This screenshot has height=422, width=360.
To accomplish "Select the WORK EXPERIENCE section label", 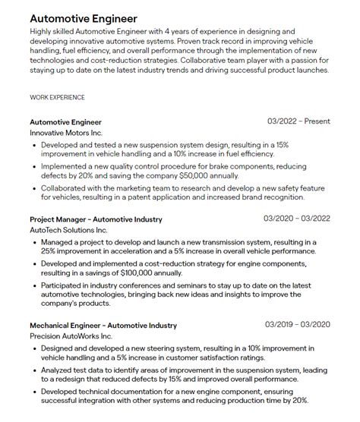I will point(57,98).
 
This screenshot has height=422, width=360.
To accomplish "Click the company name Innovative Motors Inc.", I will point(65,133).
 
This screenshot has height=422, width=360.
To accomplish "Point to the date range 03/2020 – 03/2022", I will point(297,219).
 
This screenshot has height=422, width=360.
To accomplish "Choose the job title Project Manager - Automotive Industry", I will point(96,219).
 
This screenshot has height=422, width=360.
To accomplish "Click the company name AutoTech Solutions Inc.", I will point(69,230).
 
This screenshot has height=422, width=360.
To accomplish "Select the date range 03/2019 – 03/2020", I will point(297,325).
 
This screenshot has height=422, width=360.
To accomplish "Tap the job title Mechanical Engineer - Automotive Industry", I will point(103,326).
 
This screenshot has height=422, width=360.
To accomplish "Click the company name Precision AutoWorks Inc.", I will point(71,336).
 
